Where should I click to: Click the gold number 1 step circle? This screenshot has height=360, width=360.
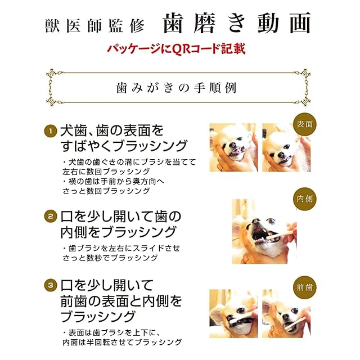tap(50, 131)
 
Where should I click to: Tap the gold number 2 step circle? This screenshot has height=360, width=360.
tap(50, 217)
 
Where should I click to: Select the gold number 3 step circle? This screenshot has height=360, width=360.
tap(50, 285)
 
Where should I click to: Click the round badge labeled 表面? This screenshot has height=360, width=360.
tap(305, 124)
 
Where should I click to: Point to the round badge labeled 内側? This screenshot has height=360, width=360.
tap(305, 199)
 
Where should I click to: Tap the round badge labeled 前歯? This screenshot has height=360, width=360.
tap(305, 287)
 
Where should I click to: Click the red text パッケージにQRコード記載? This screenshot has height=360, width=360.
tap(176, 48)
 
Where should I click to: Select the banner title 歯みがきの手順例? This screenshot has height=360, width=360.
tap(176, 88)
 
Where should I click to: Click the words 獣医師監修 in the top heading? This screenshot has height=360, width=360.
tap(94, 25)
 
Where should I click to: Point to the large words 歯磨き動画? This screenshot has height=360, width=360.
tap(237, 23)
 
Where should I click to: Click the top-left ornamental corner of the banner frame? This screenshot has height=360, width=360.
tap(52, 74)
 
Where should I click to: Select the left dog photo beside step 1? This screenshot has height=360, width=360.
tap(233, 147)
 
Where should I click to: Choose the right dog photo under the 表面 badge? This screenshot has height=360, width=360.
tap(286, 147)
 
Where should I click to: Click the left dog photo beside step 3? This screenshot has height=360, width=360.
tap(233, 314)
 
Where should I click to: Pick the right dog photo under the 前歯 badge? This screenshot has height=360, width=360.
tap(286, 314)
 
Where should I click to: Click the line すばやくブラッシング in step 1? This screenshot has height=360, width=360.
tap(124, 146)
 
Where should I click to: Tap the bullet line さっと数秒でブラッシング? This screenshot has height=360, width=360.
tap(110, 258)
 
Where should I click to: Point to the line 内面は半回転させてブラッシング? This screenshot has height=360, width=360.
tap(122, 343)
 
